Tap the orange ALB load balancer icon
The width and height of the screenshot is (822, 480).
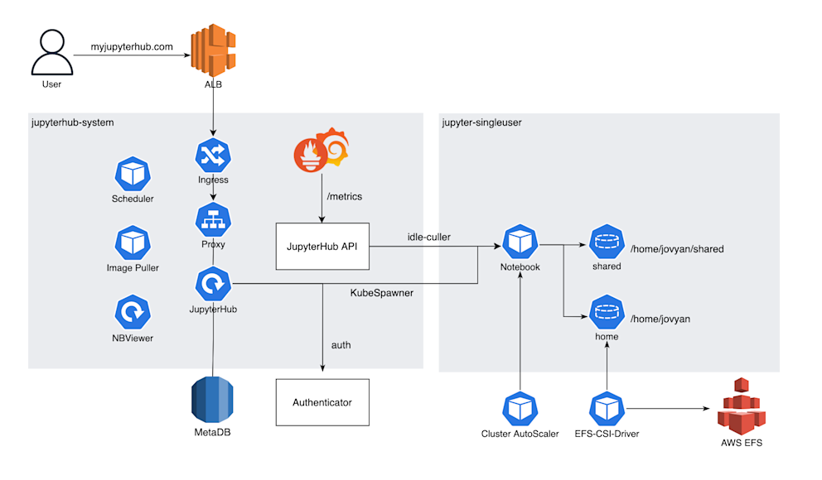click(x=213, y=51)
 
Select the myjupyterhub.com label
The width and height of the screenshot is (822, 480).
click(x=132, y=47)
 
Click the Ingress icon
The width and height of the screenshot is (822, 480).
click(x=213, y=156)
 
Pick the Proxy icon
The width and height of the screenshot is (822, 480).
click(x=213, y=220)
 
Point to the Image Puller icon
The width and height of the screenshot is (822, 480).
click(x=132, y=243)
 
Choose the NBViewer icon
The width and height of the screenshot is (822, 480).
click(x=132, y=313)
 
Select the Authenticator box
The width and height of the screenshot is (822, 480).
click(x=322, y=403)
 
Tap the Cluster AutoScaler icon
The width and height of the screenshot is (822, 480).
click(x=520, y=409)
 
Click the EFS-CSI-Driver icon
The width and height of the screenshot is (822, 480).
click(x=607, y=409)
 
